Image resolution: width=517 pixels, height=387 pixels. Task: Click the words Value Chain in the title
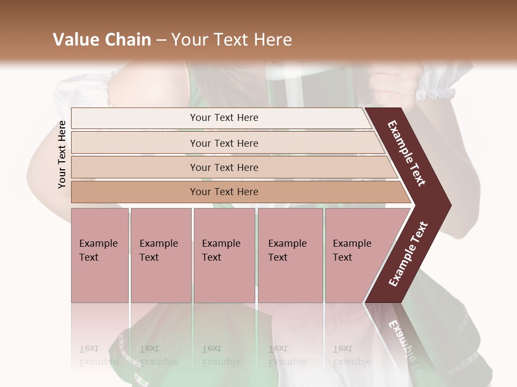(x=102, y=40)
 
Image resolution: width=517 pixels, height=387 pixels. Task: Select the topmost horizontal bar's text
(x=224, y=118)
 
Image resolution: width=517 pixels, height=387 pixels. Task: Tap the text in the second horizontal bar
(x=224, y=144)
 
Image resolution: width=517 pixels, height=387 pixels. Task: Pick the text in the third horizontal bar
(x=224, y=168)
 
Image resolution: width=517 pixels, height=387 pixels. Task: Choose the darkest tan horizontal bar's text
(x=224, y=192)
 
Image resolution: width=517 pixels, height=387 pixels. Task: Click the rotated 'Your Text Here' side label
(x=62, y=154)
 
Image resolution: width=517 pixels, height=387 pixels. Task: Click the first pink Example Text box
(x=99, y=250)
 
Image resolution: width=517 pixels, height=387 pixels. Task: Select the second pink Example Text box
(x=159, y=250)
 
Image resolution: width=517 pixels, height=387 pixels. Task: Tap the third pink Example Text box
(x=221, y=250)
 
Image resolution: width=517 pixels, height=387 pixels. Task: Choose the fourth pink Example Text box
(x=288, y=250)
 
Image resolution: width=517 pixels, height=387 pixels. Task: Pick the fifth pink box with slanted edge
(x=352, y=250)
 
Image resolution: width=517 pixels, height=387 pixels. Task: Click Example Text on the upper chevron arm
(x=407, y=153)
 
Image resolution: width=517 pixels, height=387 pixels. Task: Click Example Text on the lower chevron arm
(x=408, y=254)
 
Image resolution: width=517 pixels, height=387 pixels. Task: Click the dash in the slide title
(x=161, y=40)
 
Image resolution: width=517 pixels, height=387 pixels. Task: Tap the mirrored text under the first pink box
(x=98, y=355)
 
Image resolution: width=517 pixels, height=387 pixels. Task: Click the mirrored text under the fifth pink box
(x=352, y=355)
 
